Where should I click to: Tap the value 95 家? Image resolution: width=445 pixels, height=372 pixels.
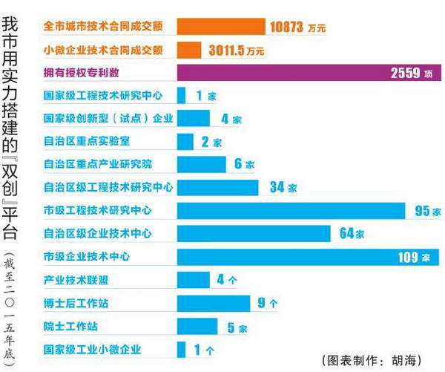pos(422,211)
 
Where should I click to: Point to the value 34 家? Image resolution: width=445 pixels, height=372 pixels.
pos(283,188)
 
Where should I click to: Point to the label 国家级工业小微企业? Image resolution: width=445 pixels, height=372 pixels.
pos(92,349)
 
